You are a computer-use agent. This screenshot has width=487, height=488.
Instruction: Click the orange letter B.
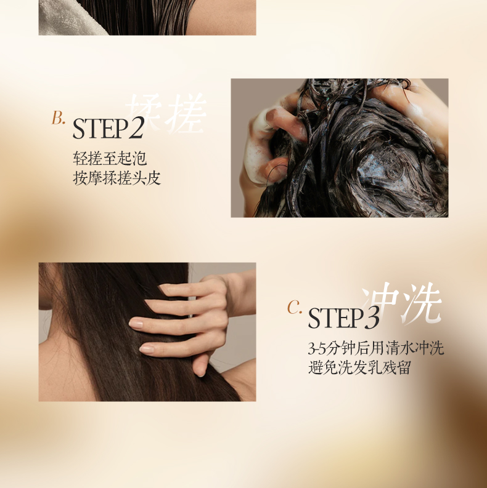point(57,118)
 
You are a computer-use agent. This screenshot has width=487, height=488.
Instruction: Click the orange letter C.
point(293,307)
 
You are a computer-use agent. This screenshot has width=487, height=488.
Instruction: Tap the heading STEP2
point(108,128)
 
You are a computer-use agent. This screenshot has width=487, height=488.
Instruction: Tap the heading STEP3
point(343,318)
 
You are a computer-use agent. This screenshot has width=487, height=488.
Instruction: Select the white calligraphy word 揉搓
point(166,114)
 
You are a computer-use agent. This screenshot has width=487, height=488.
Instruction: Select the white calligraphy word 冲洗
point(402,303)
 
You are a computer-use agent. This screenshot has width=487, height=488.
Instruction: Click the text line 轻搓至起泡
point(110,158)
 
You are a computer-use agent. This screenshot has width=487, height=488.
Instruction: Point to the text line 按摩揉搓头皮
point(117,178)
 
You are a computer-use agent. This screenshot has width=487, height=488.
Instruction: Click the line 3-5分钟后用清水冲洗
point(375,348)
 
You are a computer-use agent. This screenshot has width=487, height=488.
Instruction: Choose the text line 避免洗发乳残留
point(359,367)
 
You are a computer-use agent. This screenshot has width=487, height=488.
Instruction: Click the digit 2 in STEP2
point(136,128)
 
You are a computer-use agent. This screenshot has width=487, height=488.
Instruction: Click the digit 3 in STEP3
point(372,318)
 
